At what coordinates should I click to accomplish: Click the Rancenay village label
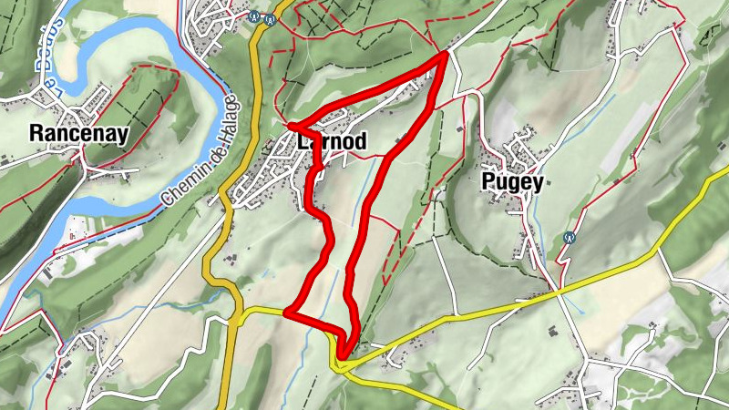pyautogui.click(x=78, y=133)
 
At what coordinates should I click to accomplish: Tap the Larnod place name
pyautogui.click(x=332, y=142)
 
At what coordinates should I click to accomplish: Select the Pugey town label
pyautogui.click(x=512, y=182)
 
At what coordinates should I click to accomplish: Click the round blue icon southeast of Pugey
pyautogui.click(x=571, y=237)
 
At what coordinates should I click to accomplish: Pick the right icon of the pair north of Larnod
pyautogui.click(x=270, y=15)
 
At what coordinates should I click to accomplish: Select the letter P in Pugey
pyautogui.click(x=487, y=182)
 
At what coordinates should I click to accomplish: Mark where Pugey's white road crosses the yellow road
pyautogui.click(x=557, y=292)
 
